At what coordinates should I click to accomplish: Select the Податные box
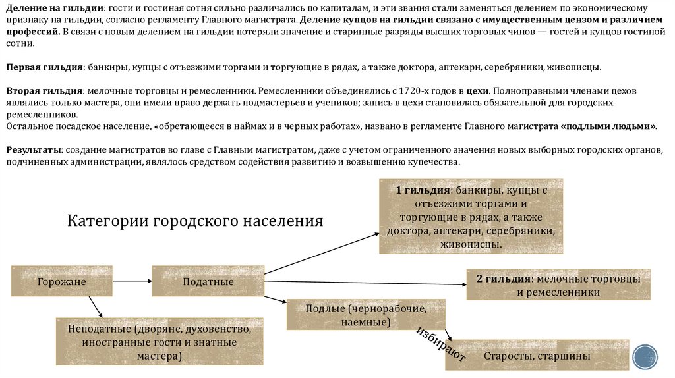[208, 281]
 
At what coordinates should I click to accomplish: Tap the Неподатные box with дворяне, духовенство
[159, 342]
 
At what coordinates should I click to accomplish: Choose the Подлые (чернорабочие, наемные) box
[366, 315]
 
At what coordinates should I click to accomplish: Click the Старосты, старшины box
[537, 356]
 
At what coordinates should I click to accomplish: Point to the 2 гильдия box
[558, 284]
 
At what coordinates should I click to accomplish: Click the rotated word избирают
[441, 343]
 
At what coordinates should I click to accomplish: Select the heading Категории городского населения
[195, 220]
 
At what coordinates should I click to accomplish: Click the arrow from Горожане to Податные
[132, 281]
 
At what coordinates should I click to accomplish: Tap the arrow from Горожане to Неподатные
[96, 306]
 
